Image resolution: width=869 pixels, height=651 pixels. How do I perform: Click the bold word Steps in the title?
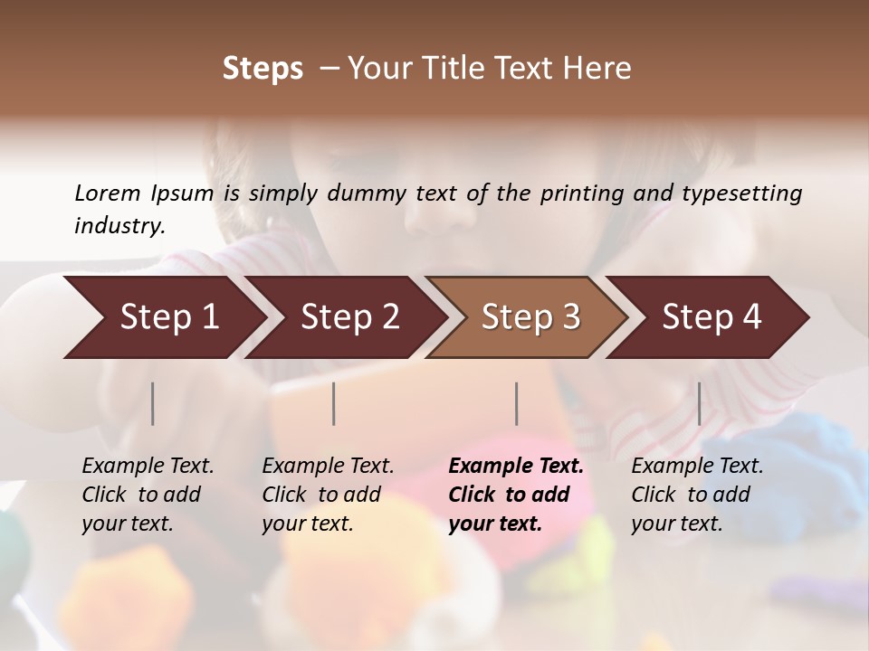[x=263, y=69]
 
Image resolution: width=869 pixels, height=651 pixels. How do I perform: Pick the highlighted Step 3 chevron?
[x=530, y=317]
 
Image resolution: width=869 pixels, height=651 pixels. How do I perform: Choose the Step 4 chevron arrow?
[x=711, y=317]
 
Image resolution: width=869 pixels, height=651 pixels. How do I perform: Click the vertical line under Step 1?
[x=153, y=403]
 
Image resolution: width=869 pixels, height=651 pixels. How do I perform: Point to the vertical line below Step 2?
[x=334, y=403]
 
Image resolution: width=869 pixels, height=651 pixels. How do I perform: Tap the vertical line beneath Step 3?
[x=517, y=403]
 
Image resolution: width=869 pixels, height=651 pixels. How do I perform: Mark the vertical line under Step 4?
[x=699, y=403]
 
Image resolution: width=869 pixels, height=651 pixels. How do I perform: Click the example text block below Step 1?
[x=148, y=495]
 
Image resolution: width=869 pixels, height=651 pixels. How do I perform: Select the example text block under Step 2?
[x=328, y=495]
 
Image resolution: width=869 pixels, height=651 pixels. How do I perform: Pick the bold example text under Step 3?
[x=516, y=495]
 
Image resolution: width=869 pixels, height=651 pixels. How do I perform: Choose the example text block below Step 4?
[x=697, y=495]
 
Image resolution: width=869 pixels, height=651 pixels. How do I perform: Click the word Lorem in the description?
[x=107, y=193]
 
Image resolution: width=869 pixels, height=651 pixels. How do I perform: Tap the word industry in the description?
[x=119, y=226]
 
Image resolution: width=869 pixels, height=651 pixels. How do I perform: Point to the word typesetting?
[x=749, y=193]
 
